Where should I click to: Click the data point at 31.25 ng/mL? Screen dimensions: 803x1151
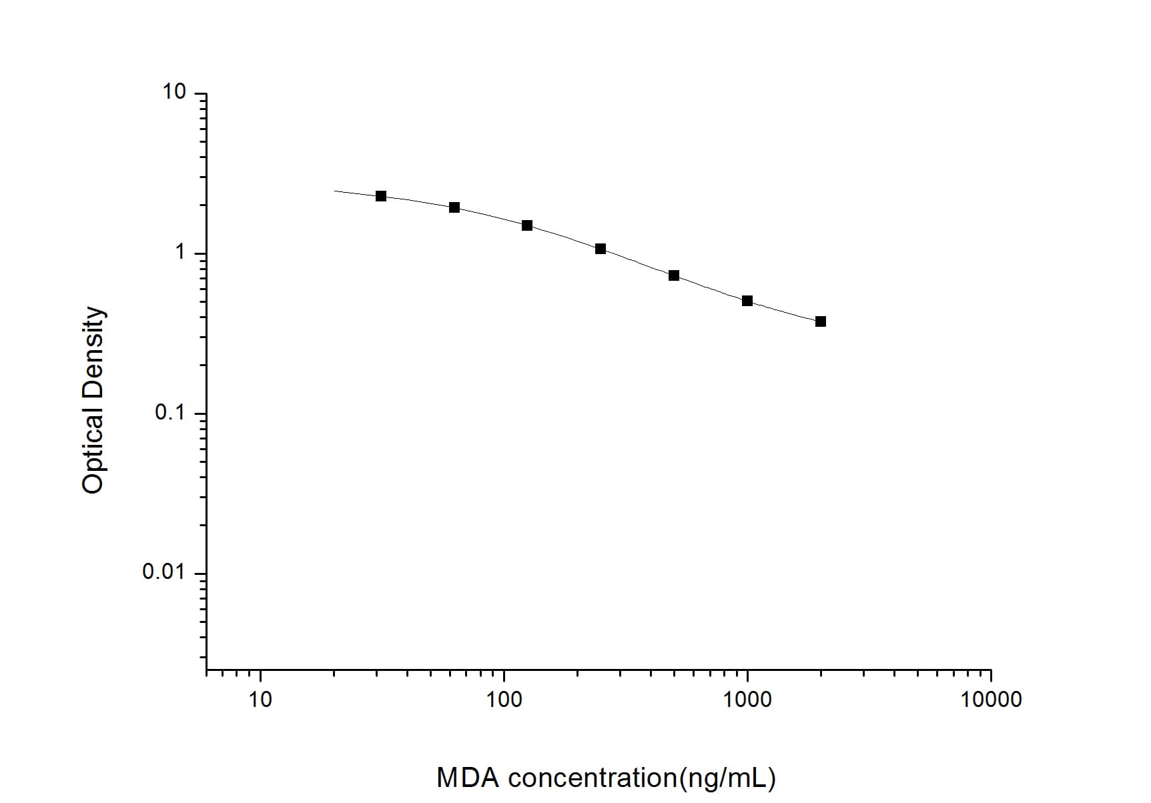tap(381, 196)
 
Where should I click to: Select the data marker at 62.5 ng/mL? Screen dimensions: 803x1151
tap(454, 207)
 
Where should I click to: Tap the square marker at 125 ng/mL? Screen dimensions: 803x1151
tap(527, 225)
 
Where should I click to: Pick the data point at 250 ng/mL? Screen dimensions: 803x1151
tap(601, 249)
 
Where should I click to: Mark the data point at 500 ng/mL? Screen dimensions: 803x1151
tap(674, 275)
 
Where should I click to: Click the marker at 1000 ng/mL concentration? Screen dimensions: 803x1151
tap(747, 301)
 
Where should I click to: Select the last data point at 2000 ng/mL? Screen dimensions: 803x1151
tap(821, 321)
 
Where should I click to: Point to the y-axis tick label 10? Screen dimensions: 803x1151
tap(174, 92)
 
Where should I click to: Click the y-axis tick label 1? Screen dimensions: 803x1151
tap(179, 252)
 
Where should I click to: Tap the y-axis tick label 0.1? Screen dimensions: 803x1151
tap(169, 412)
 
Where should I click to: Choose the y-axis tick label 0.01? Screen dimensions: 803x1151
tap(163, 572)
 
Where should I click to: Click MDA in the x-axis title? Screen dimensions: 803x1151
tap(467, 778)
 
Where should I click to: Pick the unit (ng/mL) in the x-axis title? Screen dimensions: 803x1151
tap(727, 778)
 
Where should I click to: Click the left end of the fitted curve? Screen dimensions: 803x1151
tap(334, 191)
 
